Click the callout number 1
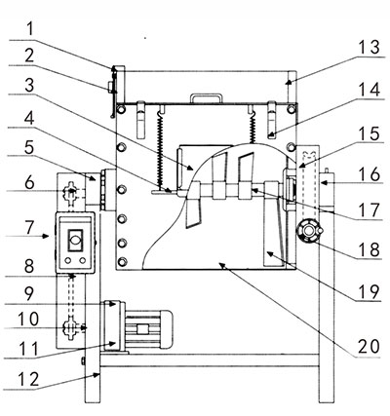pos(30,29)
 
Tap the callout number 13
pos(369,47)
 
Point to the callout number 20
pos(369,346)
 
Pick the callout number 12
pos(28,379)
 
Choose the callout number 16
pos(370,174)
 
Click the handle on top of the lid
pos(207,98)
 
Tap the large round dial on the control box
pos(75,241)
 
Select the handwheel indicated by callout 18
pos(308,231)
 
